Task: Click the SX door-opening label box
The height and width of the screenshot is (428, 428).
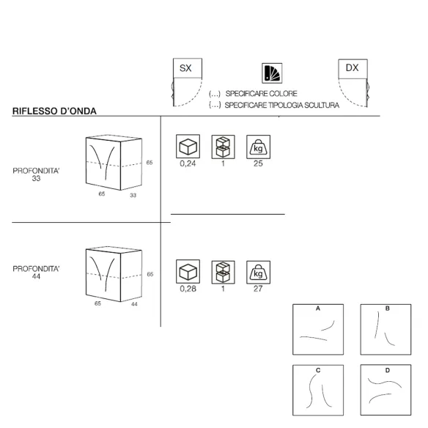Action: click(188, 68)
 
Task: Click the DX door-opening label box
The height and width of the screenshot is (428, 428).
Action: click(353, 69)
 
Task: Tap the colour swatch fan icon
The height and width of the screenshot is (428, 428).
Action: click(272, 73)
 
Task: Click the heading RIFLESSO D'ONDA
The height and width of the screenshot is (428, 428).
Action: click(54, 111)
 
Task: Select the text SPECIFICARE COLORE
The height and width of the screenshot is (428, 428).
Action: click(261, 94)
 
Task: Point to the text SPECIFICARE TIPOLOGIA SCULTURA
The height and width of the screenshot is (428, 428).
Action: click(281, 105)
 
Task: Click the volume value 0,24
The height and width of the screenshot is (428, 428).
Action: click(188, 163)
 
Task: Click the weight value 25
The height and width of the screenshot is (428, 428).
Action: click(258, 163)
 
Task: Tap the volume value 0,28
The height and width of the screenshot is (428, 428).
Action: click(188, 289)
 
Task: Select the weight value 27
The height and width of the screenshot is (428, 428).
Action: click(258, 289)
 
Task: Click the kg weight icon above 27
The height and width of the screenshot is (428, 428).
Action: click(258, 272)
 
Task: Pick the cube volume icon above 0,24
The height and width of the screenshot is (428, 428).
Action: click(188, 147)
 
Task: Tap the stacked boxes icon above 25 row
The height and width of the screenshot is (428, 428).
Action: click(223, 147)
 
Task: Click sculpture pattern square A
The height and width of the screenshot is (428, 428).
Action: click(318, 330)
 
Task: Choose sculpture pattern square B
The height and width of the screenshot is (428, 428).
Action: click(385, 330)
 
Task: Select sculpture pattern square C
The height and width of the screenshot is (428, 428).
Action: click(318, 390)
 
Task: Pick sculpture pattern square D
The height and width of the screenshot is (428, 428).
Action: click(385, 390)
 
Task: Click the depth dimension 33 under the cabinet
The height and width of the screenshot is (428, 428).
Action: click(133, 195)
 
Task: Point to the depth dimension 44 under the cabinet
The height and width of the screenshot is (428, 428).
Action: click(134, 304)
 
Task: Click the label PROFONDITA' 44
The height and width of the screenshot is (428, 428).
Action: click(36, 273)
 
